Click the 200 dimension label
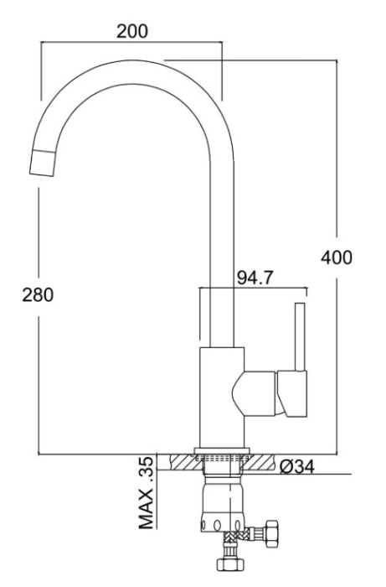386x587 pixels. (x=132, y=31)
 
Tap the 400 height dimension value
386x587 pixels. (x=337, y=257)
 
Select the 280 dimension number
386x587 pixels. (x=38, y=294)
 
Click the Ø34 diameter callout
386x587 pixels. (x=297, y=466)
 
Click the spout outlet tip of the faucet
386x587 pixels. (x=43, y=163)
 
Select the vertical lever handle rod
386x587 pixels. (x=300, y=337)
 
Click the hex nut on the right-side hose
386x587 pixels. (x=271, y=534)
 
